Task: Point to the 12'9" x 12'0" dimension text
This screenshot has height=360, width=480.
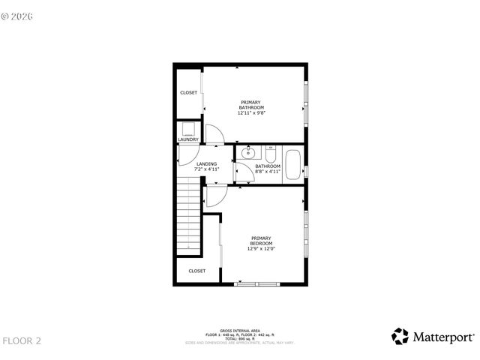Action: tap(261, 250)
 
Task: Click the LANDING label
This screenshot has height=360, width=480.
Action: tap(206, 163)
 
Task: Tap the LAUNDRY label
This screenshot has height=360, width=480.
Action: tap(188, 139)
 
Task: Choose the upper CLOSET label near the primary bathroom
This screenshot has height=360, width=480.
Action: tap(188, 93)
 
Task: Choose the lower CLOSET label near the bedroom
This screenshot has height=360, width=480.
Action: tap(196, 271)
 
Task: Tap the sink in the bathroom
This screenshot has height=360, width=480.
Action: tap(247, 154)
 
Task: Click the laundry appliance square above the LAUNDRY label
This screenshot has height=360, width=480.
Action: tap(188, 128)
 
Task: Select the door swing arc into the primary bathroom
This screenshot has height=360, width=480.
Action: tap(214, 133)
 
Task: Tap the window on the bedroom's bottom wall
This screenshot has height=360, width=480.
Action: tap(256, 283)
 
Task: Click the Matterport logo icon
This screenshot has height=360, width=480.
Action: tap(400, 337)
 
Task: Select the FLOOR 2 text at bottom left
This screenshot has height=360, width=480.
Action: tap(22, 341)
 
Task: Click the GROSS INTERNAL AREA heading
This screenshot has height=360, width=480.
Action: tap(240, 330)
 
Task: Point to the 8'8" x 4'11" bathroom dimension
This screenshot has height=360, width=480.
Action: tap(268, 172)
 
